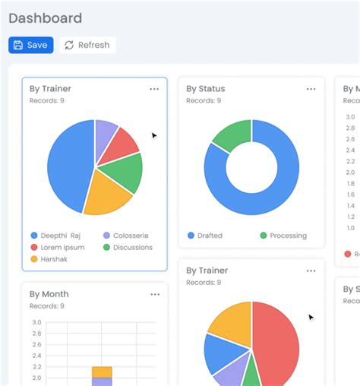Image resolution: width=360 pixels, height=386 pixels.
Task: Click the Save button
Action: click(30, 45)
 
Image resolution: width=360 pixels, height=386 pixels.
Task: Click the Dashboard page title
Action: click(45, 18)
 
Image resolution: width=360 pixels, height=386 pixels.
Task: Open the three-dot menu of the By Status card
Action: click(311, 89)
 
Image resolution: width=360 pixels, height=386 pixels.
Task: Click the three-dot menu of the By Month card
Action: click(155, 295)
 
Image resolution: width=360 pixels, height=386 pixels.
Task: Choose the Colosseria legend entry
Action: click(125, 236)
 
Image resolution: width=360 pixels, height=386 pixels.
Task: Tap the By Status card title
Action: click(206, 89)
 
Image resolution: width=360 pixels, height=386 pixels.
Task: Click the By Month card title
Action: click(49, 295)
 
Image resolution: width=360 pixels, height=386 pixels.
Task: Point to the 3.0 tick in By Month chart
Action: click(36, 322)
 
